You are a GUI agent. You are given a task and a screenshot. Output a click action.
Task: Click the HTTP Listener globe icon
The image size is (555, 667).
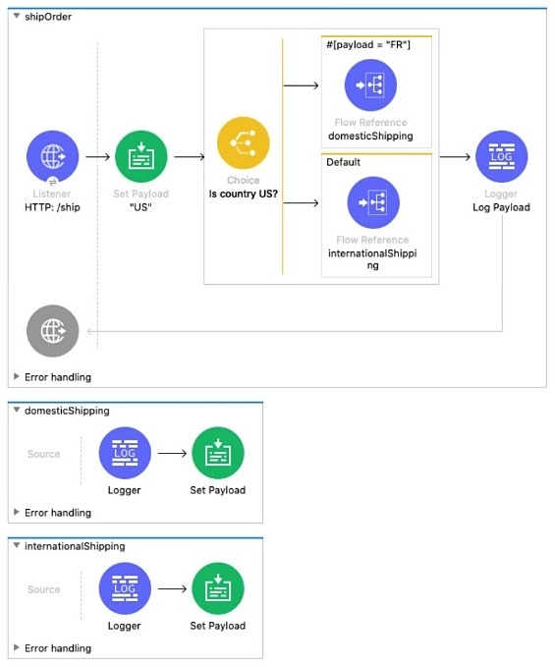(x=53, y=156)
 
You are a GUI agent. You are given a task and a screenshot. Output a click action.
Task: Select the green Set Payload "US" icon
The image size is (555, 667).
(x=141, y=156)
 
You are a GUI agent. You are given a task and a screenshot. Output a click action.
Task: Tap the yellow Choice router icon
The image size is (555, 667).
(x=244, y=143)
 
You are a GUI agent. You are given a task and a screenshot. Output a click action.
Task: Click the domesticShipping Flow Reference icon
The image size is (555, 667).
(x=370, y=85)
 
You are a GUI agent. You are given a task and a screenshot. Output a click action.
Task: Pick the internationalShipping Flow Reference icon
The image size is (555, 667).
(x=373, y=202)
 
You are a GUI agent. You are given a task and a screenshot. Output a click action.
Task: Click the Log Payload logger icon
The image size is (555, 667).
(x=501, y=156)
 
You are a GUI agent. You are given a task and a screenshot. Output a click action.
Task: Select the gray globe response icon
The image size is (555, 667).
(x=53, y=330)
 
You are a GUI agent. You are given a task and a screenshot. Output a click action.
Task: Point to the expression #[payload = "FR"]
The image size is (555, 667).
(x=368, y=44)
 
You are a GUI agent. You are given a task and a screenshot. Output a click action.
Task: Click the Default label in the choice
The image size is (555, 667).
(x=343, y=162)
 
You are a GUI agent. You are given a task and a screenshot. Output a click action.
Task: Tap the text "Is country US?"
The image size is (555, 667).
(x=244, y=194)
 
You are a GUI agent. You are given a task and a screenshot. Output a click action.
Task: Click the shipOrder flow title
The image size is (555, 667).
(x=48, y=17)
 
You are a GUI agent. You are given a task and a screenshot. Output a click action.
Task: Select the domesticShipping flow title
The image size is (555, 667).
(x=67, y=411)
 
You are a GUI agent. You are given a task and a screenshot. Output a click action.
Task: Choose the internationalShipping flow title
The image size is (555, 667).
(x=75, y=546)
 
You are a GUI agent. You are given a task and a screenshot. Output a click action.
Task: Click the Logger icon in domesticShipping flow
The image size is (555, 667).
(x=125, y=453)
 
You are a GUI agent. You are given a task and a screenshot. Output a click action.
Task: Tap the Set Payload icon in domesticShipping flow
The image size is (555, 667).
(x=218, y=453)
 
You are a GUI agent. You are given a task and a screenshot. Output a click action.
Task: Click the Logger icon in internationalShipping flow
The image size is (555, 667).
(x=125, y=588)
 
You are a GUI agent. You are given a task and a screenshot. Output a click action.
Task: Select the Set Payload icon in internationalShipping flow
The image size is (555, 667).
(x=218, y=588)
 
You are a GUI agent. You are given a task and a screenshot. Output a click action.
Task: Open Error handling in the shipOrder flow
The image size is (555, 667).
(x=58, y=377)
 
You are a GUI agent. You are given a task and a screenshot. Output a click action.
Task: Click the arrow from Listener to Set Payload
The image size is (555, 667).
(x=97, y=157)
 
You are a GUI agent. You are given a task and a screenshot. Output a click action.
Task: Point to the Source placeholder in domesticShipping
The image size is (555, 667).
(x=44, y=454)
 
